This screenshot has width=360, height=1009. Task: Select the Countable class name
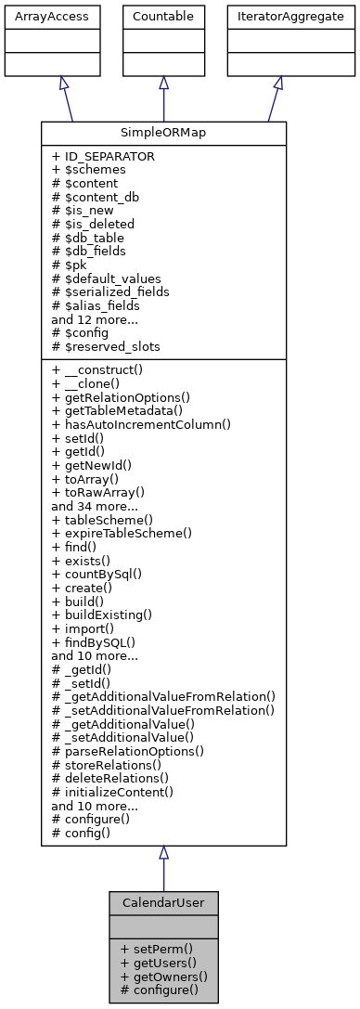163,15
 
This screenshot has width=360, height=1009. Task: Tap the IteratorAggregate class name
277,15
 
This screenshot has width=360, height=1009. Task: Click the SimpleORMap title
163,132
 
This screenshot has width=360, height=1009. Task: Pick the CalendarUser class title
163,902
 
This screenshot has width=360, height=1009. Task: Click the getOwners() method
163,976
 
